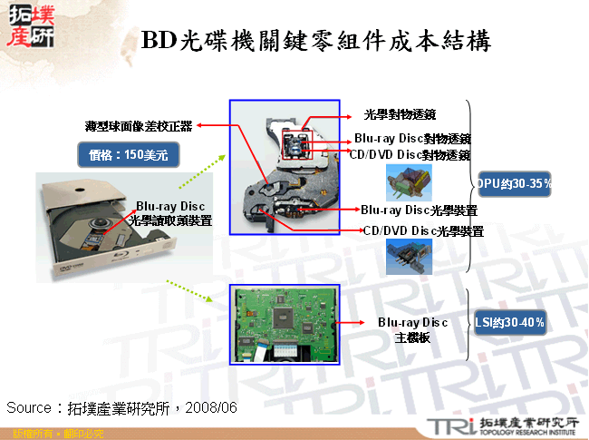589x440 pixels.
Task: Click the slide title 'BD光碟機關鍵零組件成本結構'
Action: pos(317,41)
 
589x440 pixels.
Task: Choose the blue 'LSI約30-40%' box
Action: pos(510,322)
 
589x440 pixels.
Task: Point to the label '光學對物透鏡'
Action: pos(401,115)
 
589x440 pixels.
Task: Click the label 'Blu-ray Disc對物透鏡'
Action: pos(412,139)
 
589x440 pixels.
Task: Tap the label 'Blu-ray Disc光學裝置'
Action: pos(419,210)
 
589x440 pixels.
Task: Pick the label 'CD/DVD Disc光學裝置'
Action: pos(423,231)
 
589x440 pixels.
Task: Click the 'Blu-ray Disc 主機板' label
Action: pos(413,329)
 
